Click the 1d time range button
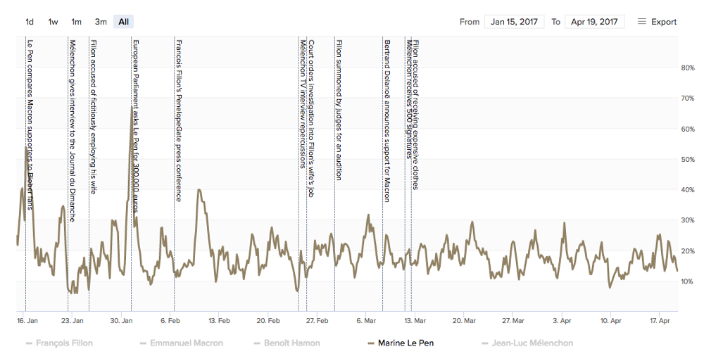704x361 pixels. pyautogui.click(x=30, y=22)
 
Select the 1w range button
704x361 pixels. pyautogui.click(x=53, y=22)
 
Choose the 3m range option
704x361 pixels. pyautogui.click(x=101, y=22)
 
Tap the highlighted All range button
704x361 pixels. pyautogui.click(x=124, y=22)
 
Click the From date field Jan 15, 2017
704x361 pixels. pyautogui.click(x=513, y=22)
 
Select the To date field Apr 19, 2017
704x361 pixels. pyautogui.click(x=595, y=22)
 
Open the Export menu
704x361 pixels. pyautogui.click(x=657, y=22)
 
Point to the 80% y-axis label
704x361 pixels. pyautogui.click(x=687, y=68)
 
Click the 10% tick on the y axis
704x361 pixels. pyautogui.click(x=687, y=281)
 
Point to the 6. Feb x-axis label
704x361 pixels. pyautogui.click(x=171, y=320)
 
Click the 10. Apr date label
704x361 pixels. pyautogui.click(x=610, y=320)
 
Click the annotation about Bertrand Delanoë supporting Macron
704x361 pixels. pyautogui.click(x=386, y=120)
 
